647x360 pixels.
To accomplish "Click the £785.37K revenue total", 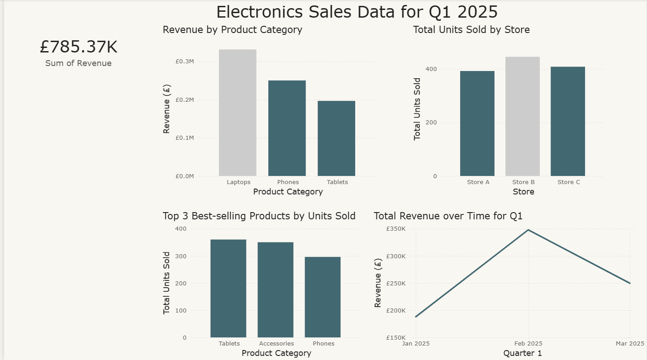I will [x=78, y=47].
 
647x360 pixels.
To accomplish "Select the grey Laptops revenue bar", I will [x=238, y=113].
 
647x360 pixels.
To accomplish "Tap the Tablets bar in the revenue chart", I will [x=336, y=138].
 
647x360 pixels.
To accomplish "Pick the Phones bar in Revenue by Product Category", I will [x=287, y=128].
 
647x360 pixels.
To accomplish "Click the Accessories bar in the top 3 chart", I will [x=276, y=290].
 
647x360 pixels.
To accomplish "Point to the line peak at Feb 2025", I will [x=528, y=230].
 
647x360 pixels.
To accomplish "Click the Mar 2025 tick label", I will [x=630, y=344].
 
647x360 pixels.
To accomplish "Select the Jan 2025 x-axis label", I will [x=416, y=344].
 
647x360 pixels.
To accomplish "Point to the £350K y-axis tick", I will [x=396, y=229].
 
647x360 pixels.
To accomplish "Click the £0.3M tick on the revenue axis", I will [x=185, y=61].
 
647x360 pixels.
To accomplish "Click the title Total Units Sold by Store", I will [x=471, y=30].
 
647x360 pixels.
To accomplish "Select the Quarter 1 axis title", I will [x=522, y=353].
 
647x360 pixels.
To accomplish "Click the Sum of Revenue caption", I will [x=78, y=63].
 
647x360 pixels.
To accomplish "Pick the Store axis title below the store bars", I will [x=523, y=192].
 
